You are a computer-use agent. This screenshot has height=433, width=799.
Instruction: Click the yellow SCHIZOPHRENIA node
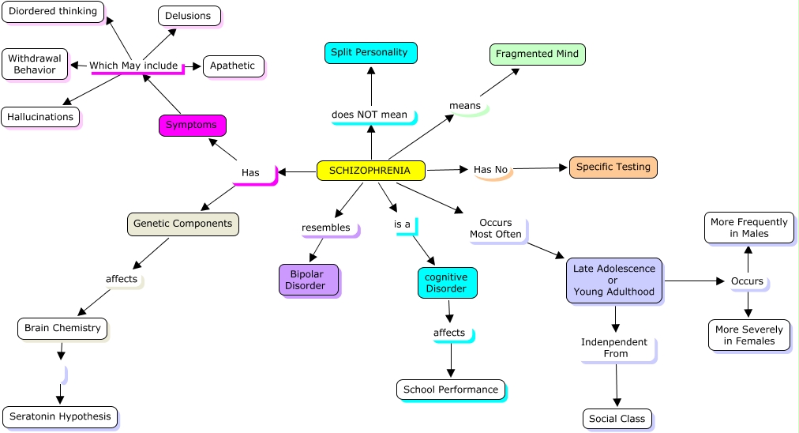click(370, 170)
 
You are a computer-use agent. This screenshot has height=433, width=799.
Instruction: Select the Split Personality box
click(370, 53)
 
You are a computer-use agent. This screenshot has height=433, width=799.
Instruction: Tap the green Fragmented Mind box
click(537, 54)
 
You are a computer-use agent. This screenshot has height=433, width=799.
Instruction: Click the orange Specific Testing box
click(613, 167)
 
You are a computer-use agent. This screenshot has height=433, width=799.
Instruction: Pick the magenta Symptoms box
click(192, 125)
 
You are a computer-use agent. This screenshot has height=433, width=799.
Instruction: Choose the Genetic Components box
click(182, 224)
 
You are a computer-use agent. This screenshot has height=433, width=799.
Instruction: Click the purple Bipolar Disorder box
click(309, 280)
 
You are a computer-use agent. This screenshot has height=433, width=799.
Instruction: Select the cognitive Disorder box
click(447, 283)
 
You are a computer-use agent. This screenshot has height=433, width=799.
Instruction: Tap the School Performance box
click(450, 390)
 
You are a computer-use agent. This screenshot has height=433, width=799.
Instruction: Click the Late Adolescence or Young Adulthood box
click(614, 281)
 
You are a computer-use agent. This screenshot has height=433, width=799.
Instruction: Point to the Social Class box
click(617, 419)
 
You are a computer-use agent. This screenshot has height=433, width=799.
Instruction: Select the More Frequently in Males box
click(748, 228)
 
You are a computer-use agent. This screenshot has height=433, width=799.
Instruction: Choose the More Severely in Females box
click(748, 335)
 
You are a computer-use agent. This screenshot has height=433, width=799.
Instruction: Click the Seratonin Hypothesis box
click(60, 417)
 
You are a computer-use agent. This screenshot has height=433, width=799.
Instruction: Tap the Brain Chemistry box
click(62, 328)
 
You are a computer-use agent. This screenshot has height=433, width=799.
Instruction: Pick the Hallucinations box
click(40, 117)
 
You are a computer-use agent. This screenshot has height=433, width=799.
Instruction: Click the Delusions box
click(189, 16)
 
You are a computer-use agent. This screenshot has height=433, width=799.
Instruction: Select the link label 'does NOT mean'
click(369, 115)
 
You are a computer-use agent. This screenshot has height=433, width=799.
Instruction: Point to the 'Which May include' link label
click(133, 66)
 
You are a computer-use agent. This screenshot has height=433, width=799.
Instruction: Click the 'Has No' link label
click(490, 169)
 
